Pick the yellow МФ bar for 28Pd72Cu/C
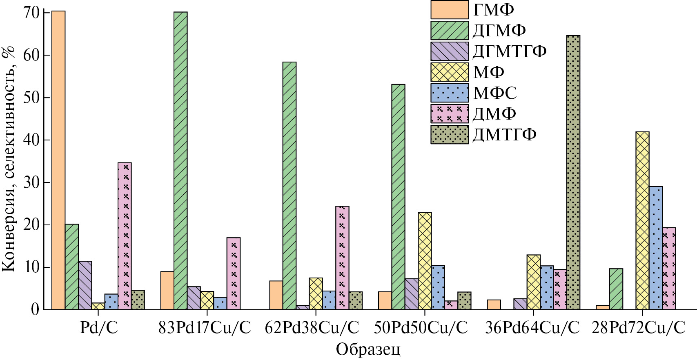click(x=642, y=220)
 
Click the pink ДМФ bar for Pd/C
click(x=125, y=236)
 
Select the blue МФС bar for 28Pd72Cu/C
click(x=656, y=248)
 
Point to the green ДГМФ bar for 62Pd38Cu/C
click(x=289, y=186)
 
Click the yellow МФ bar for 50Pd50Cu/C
click(x=425, y=261)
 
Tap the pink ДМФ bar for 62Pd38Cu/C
click(x=342, y=258)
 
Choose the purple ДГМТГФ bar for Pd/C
click(x=85, y=285)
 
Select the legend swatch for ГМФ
click(x=450, y=10)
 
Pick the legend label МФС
click(x=495, y=93)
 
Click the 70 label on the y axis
click(x=31, y=13)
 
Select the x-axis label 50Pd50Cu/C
click(x=421, y=328)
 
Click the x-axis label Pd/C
click(x=99, y=328)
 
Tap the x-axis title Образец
click(x=368, y=349)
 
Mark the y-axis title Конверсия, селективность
click(x=9, y=159)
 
